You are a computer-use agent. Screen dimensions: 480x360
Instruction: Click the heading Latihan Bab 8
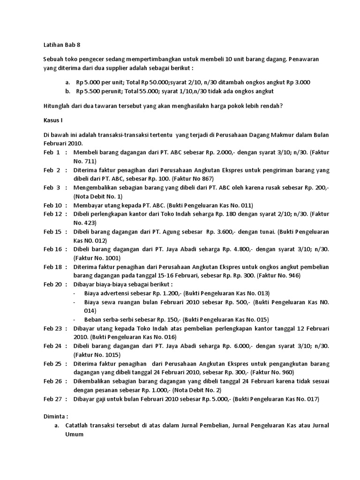coord(59,45)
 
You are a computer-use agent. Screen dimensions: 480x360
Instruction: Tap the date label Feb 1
coord(52,152)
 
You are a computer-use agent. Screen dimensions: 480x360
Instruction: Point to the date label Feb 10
coord(52,205)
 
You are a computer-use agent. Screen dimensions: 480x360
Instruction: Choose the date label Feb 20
coord(52,285)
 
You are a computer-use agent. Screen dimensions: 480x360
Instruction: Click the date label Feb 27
coord(52,399)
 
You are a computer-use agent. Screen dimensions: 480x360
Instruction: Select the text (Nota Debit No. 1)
coord(98,196)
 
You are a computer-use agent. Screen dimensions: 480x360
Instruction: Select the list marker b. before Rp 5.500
coord(68,91)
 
